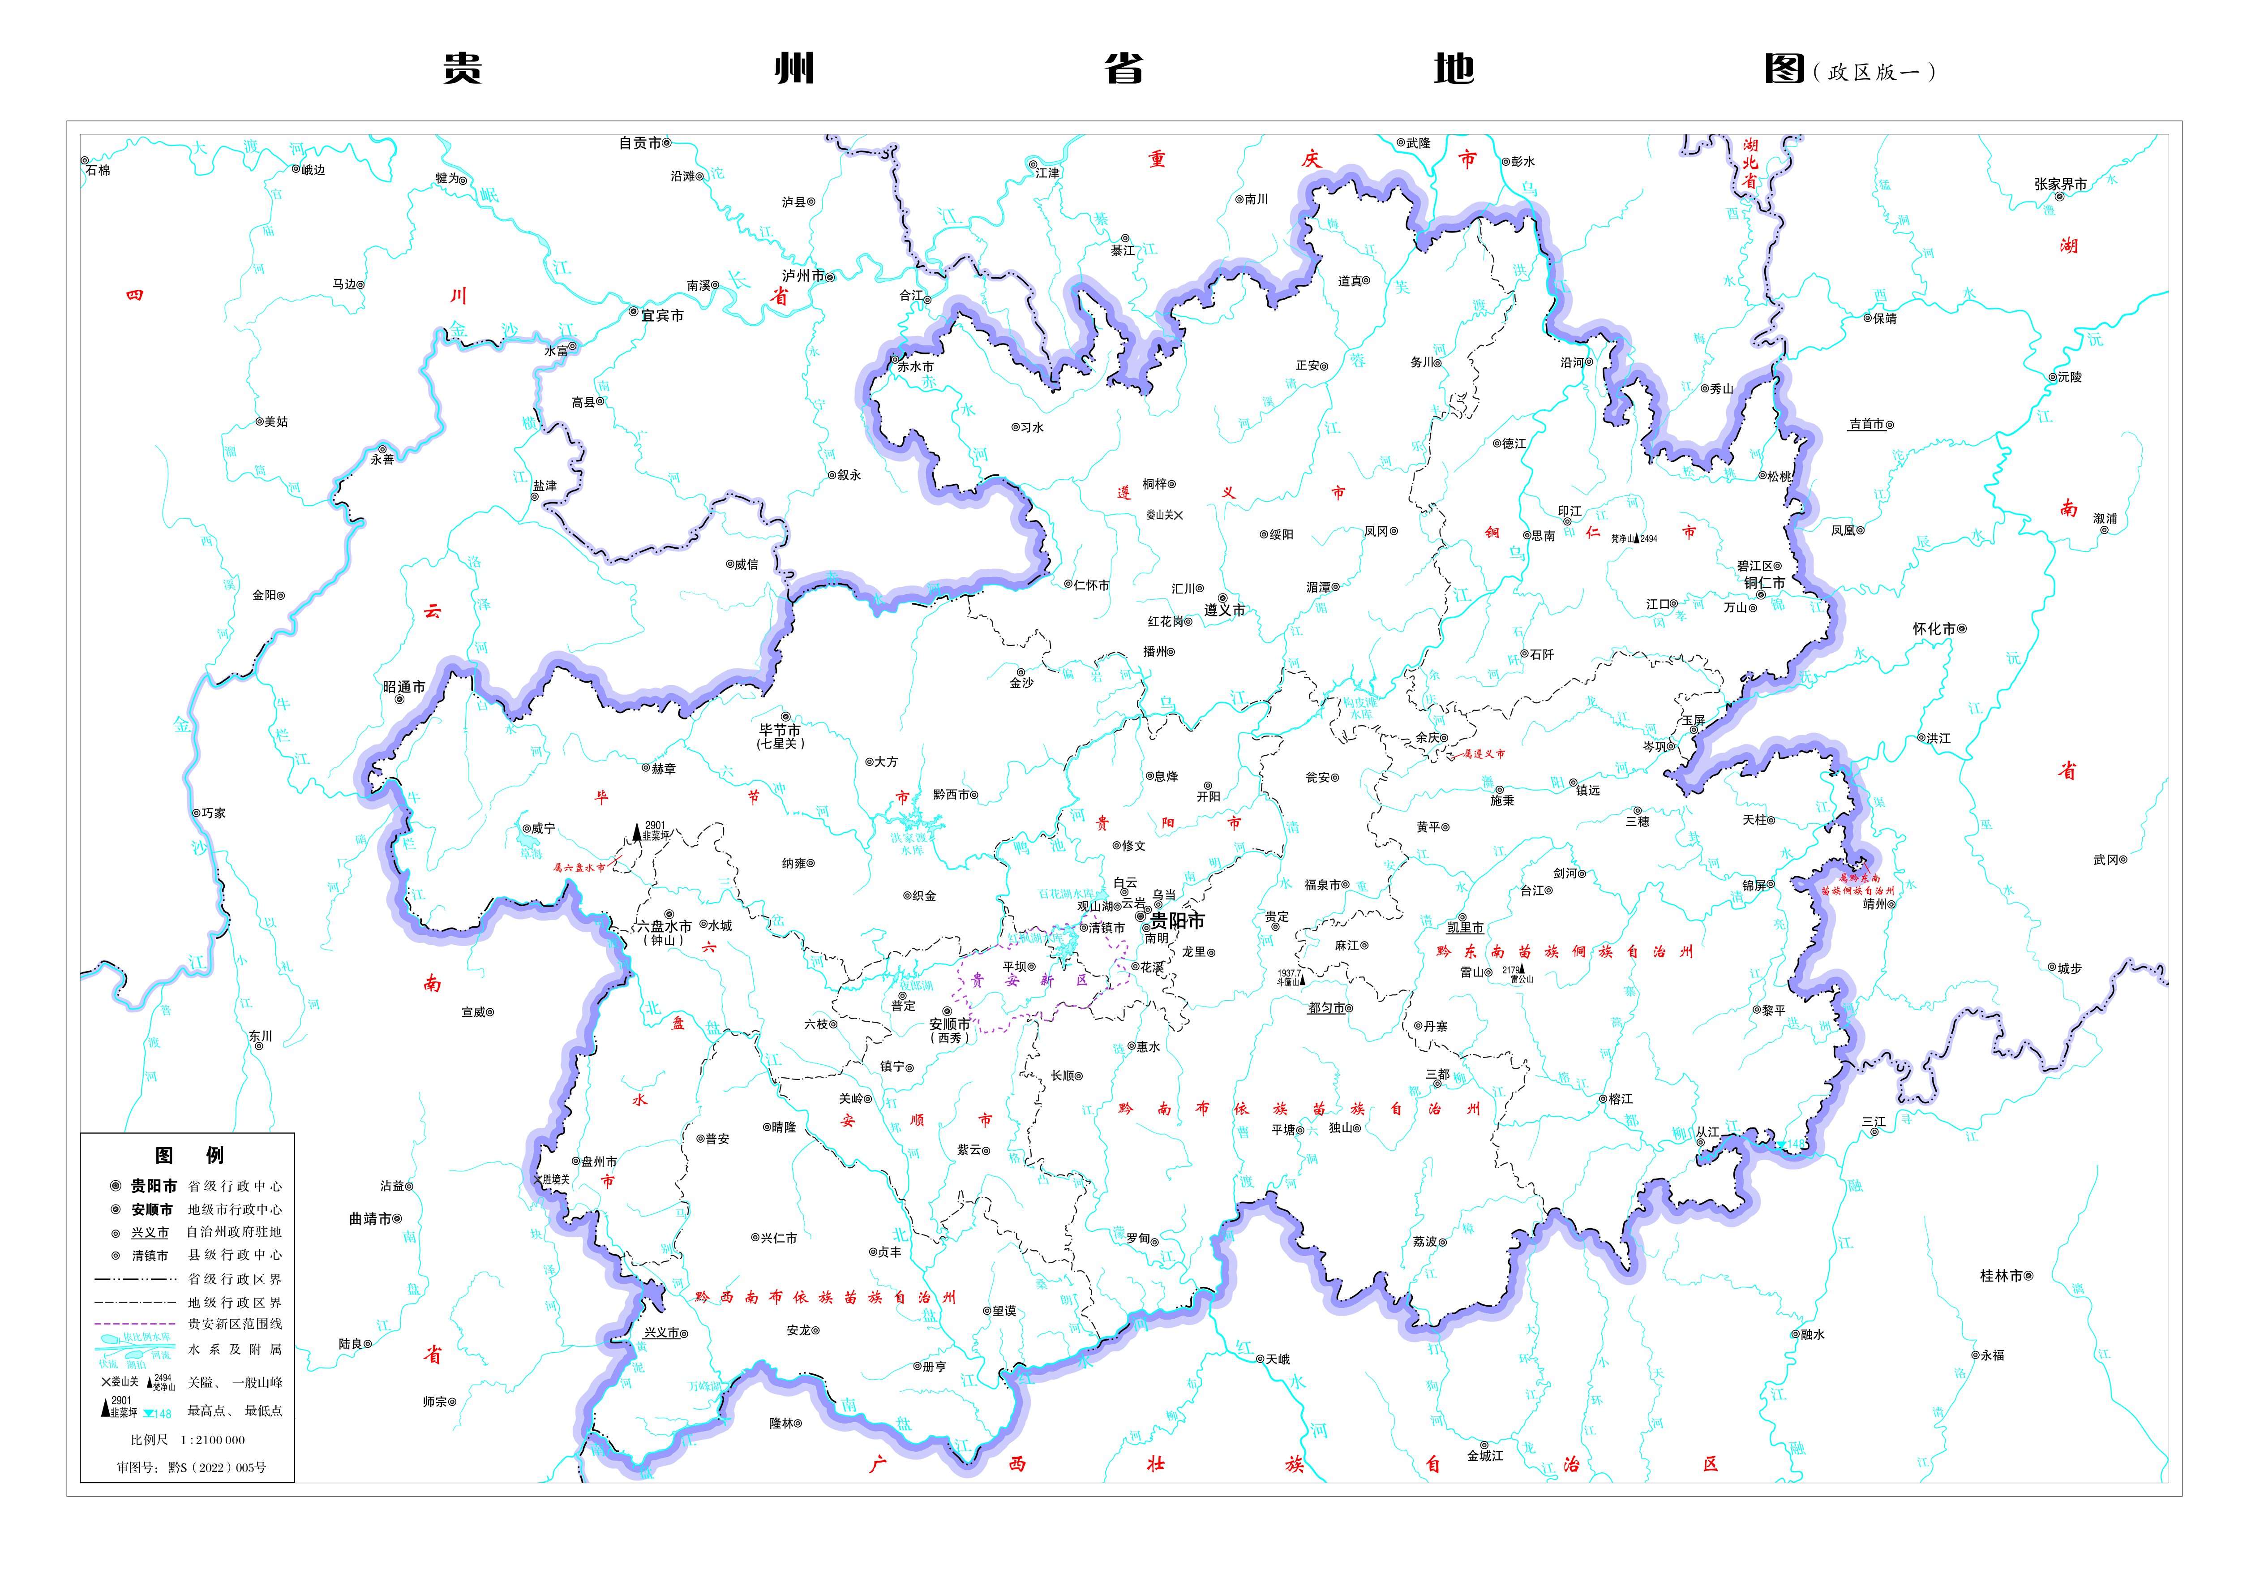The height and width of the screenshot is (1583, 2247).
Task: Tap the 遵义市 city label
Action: tap(1224, 610)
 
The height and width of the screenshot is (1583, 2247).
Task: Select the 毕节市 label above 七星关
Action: tap(780, 730)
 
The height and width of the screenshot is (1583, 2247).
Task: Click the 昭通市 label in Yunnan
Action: tap(404, 687)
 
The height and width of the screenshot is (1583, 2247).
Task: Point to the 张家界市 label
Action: tap(2060, 184)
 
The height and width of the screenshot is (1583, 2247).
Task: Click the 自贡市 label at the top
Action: tap(640, 143)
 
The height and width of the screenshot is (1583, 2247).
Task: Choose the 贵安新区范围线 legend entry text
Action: tap(235, 1325)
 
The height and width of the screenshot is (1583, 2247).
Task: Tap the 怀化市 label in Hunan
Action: tap(1934, 628)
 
